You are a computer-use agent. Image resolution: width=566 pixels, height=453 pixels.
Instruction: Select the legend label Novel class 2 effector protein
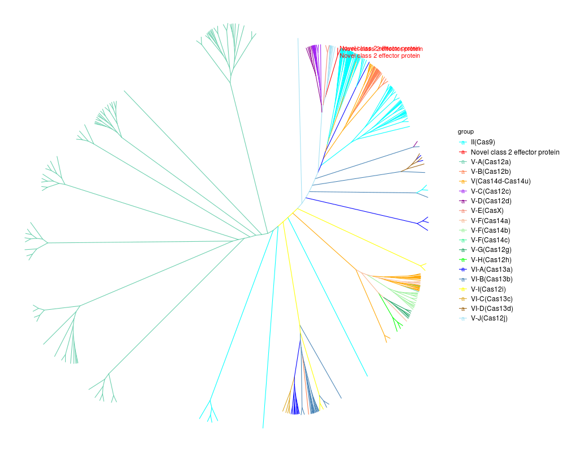point(514,152)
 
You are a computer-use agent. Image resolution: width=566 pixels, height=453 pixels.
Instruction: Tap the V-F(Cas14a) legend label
point(491,220)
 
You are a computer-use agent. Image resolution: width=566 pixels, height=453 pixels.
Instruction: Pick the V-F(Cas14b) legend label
point(491,230)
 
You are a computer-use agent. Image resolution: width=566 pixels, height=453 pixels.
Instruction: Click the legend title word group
point(466,131)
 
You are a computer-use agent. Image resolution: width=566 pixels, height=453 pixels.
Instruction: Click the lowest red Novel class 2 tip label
point(380,56)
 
